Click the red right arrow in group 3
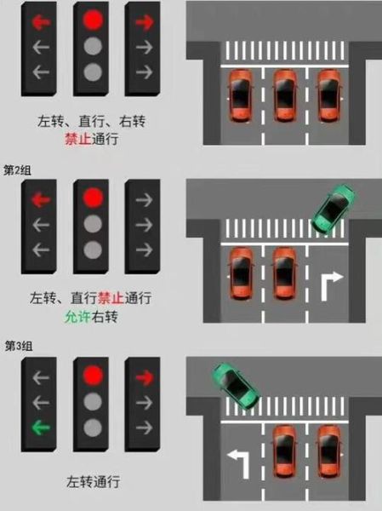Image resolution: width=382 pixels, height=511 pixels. pyautogui.click(x=144, y=375)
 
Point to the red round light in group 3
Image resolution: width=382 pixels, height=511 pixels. pyautogui.click(x=93, y=375)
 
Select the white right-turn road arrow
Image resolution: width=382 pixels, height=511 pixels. pyautogui.click(x=330, y=285)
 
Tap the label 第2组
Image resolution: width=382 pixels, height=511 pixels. pyautogui.click(x=17, y=170)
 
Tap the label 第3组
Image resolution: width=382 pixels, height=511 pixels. pyautogui.click(x=17, y=346)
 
